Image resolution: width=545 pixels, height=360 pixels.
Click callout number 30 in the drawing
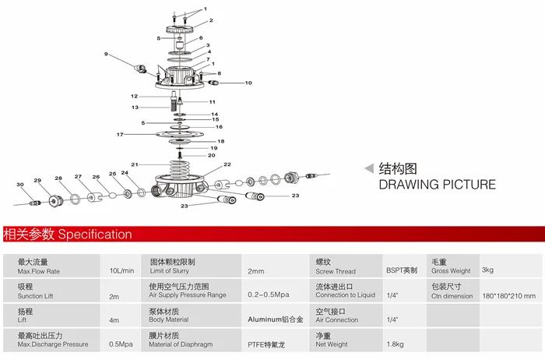point(20,185)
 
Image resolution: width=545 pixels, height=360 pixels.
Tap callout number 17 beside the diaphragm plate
point(120,135)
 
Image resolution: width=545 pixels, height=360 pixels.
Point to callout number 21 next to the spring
point(135,164)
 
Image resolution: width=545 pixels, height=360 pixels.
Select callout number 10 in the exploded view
point(248,83)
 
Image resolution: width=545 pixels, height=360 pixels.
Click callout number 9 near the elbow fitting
point(106,54)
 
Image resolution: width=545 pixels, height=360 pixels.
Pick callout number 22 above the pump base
point(227,164)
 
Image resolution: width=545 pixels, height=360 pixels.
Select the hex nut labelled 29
point(55,201)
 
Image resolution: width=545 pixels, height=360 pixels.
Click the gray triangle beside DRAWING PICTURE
point(369,168)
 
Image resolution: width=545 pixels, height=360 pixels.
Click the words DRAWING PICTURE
point(438,185)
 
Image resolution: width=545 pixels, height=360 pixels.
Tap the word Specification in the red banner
point(95,235)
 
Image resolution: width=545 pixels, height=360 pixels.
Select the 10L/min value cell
point(121,270)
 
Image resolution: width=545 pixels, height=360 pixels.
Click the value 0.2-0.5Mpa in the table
point(269,295)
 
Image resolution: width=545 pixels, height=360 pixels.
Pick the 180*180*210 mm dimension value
point(509,296)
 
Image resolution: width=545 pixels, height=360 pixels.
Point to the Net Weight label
point(331,344)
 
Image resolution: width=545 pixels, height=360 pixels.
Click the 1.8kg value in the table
point(396,344)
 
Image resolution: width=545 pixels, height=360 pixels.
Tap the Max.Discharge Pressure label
point(53,344)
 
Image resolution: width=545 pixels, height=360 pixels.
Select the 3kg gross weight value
point(487,270)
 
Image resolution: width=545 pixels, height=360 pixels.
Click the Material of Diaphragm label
point(181,344)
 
